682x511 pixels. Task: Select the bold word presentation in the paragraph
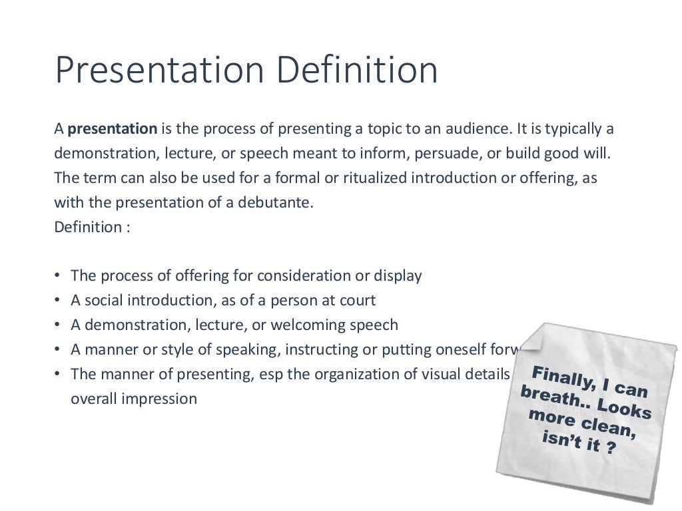point(113,128)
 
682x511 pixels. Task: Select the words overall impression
point(134,399)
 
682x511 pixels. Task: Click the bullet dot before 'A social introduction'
point(58,301)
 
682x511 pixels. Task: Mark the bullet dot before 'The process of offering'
point(58,276)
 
